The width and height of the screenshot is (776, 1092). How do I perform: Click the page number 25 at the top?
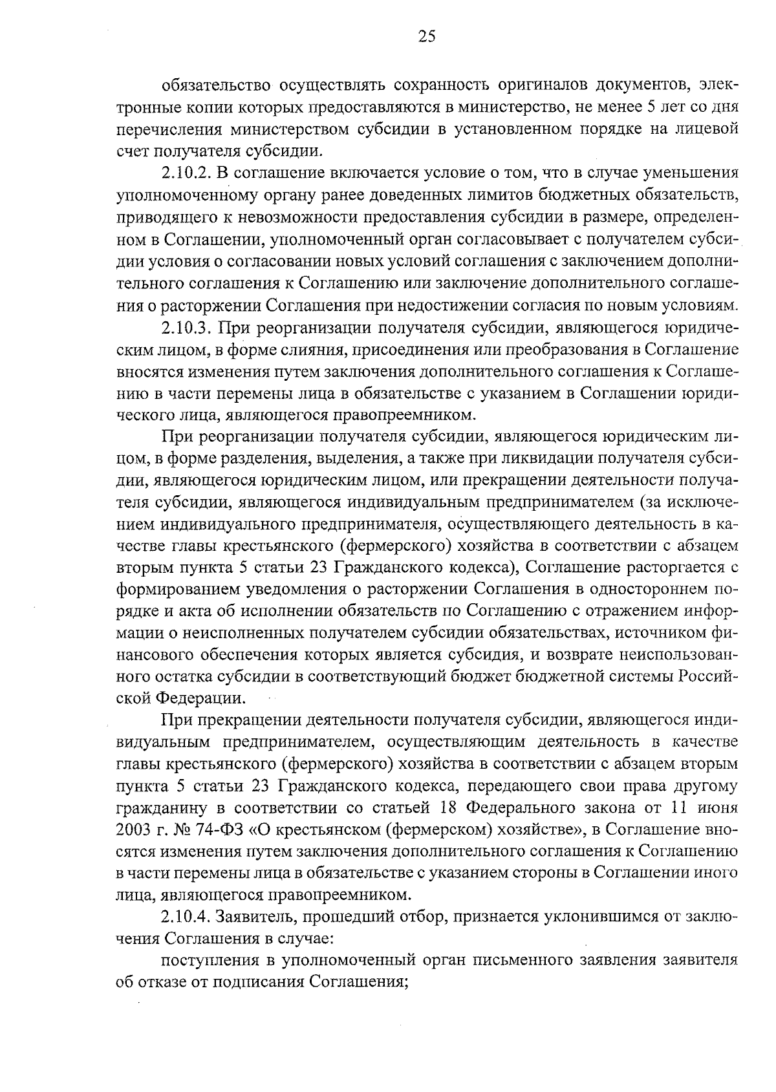[427, 37]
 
